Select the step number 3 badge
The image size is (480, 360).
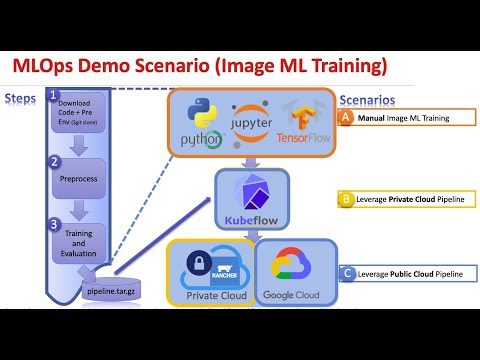[55, 224]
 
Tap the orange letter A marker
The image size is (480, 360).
[345, 117]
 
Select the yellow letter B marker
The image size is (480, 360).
[345, 199]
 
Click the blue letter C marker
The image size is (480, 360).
[345, 272]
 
